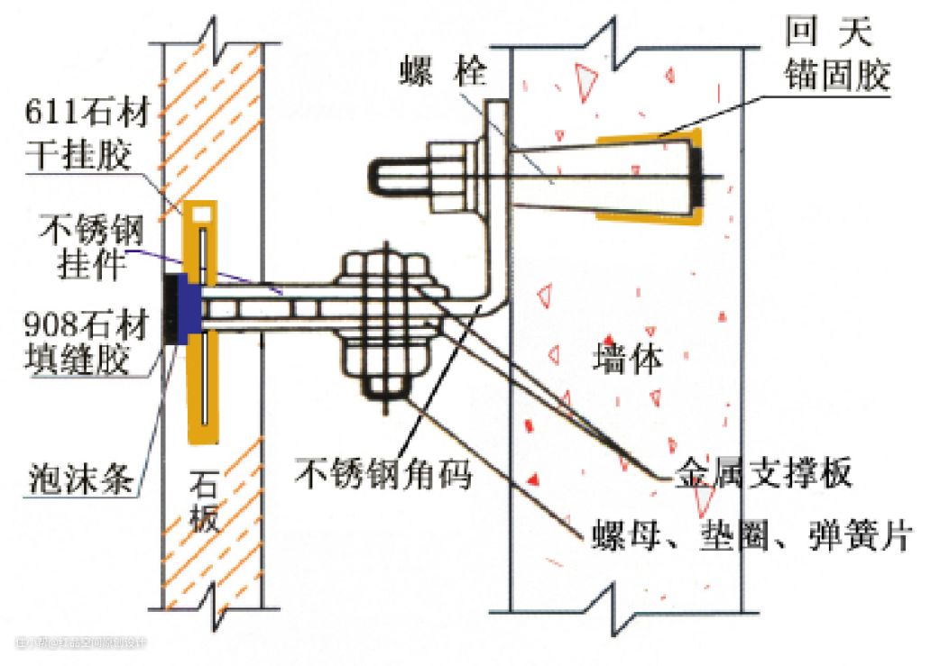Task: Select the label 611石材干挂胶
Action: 87,135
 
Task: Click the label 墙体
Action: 628,360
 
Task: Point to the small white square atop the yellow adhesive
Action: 203,214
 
